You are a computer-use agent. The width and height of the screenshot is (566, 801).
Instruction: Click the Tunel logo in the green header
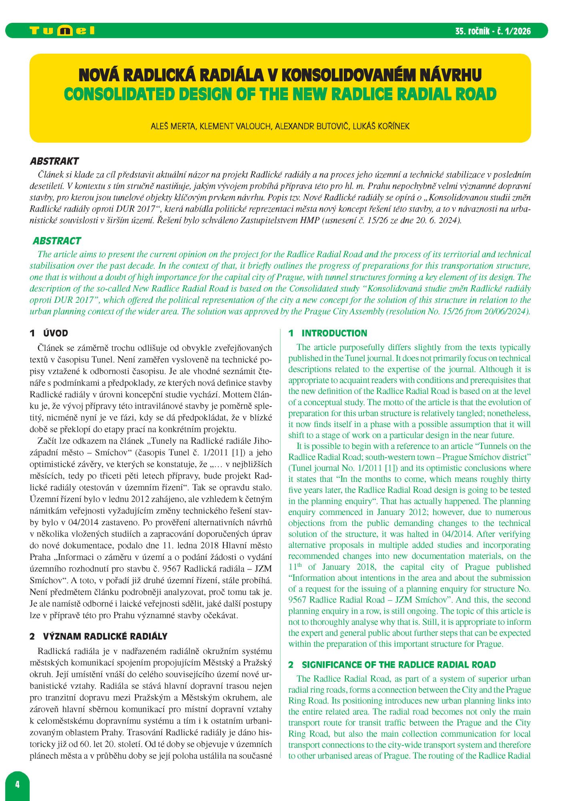tap(62, 31)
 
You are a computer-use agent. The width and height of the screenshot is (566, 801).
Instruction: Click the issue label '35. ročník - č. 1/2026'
tap(493, 31)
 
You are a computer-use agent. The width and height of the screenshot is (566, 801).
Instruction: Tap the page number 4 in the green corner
tap(17, 784)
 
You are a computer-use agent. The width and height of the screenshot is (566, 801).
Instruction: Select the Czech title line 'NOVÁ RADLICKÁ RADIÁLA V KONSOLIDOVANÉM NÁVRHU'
tap(280, 75)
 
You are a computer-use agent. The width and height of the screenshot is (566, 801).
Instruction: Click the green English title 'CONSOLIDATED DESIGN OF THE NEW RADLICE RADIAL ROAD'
tap(280, 95)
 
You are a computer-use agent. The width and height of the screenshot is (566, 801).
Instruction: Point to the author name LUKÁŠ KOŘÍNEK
tap(381, 127)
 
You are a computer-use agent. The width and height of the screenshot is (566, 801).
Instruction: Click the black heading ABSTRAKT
tap(54, 161)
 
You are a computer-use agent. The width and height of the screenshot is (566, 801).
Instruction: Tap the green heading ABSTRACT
tap(57, 241)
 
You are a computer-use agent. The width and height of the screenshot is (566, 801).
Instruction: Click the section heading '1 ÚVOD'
tap(49, 333)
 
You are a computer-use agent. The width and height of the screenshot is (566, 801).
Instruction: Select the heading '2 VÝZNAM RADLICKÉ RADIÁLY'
tap(98, 636)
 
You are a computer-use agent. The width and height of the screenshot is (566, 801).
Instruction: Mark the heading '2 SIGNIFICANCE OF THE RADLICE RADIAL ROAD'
tap(392, 665)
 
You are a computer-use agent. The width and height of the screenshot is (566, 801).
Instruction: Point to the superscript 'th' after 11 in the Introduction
tap(299, 565)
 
